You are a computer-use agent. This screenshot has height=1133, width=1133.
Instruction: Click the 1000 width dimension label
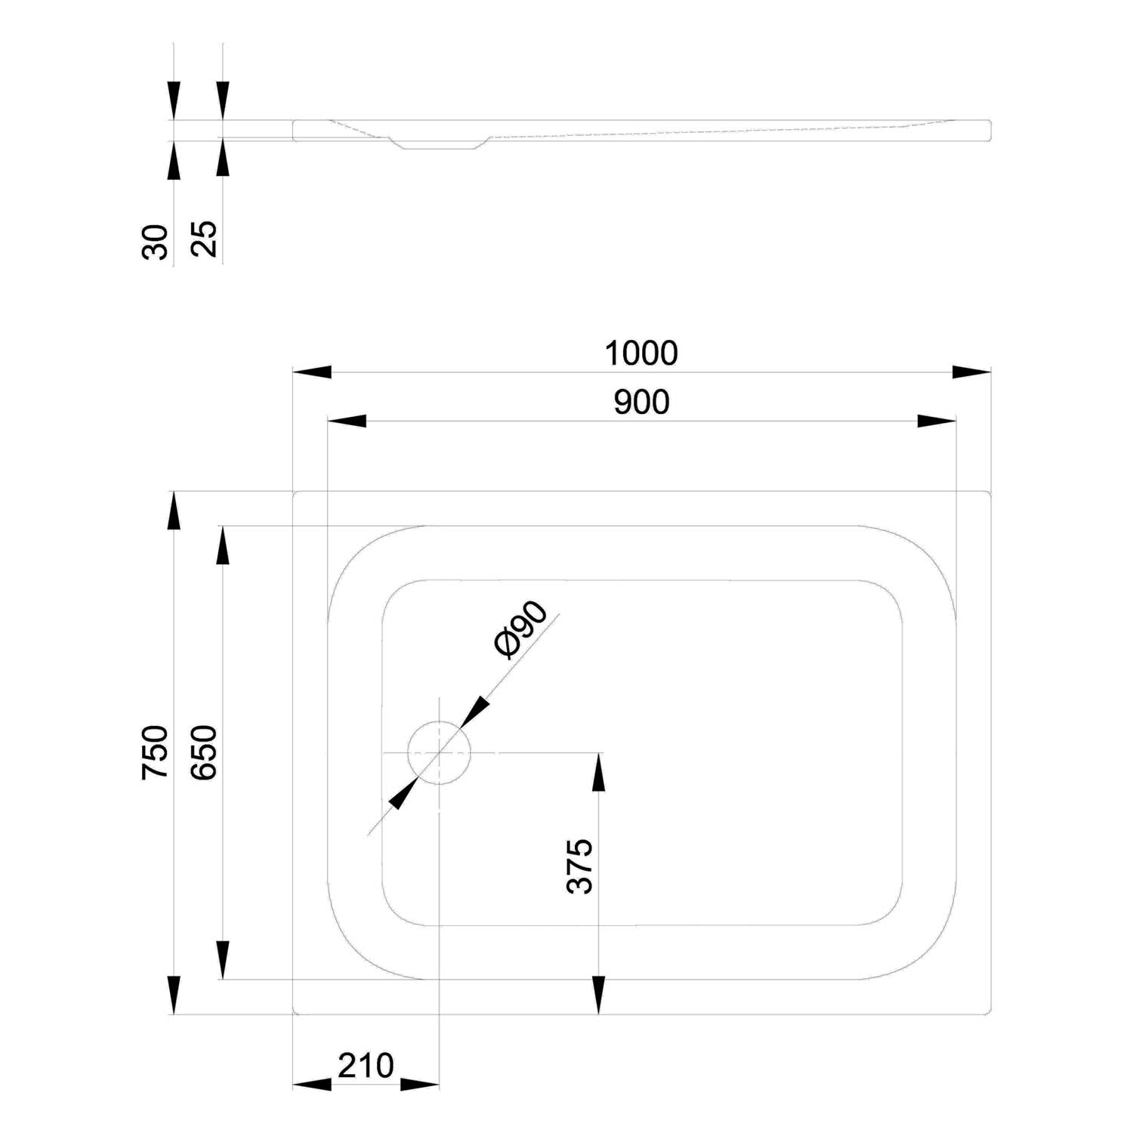641,353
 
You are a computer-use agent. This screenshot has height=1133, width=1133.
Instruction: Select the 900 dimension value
641,403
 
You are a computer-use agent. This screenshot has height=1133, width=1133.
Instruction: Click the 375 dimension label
580,866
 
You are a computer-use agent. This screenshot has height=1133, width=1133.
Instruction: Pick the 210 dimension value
366,1065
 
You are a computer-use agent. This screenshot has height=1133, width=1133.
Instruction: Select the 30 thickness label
155,242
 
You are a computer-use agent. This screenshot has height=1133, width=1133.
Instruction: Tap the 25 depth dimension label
204,239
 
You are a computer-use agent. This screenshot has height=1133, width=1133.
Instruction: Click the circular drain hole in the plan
439,752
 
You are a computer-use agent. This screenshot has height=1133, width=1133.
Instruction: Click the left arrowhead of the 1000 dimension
312,372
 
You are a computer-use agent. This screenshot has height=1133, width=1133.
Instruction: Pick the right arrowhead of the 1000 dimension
971,372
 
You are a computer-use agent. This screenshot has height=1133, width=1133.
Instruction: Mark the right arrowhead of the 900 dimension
937,421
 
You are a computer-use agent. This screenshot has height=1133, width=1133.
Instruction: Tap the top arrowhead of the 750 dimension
174,511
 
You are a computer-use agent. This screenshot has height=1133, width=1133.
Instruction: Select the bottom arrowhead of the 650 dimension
222,959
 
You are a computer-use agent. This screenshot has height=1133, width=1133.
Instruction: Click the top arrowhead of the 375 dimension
598,772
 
